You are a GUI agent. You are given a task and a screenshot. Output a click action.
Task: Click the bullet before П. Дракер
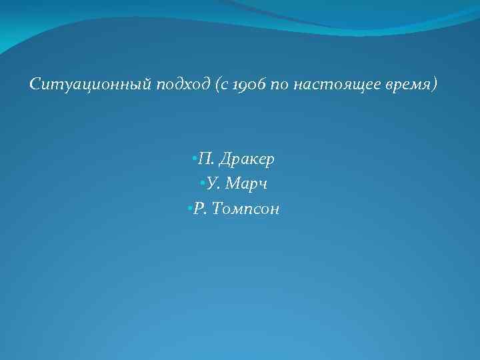click(192, 159)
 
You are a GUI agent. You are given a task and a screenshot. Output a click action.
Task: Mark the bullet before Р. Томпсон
click(190, 209)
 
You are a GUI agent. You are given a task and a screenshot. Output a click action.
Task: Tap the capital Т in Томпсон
click(218, 209)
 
